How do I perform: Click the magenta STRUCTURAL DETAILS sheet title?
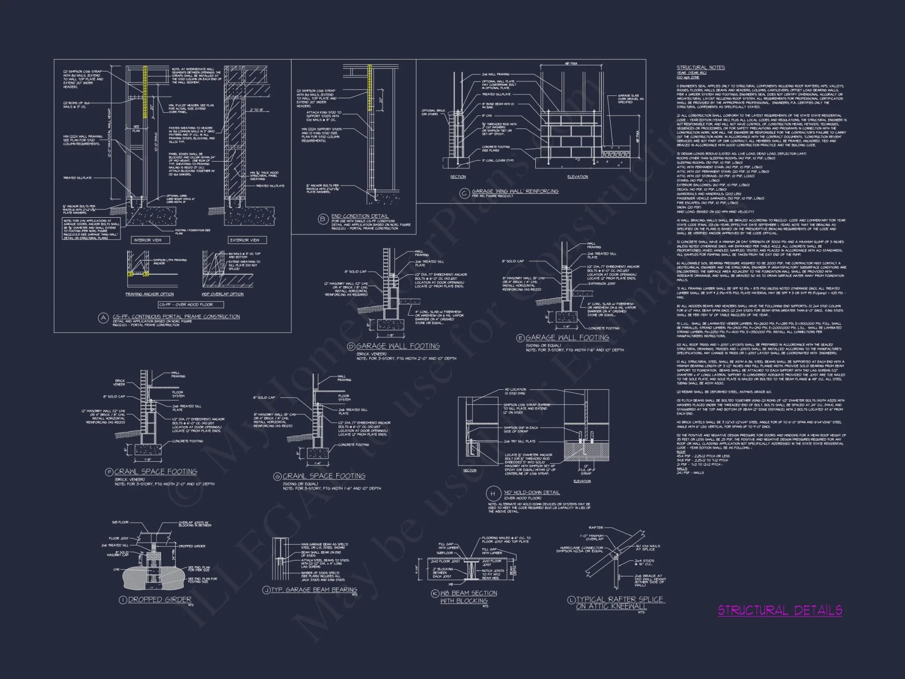click(780, 610)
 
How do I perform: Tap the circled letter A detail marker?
click(104, 318)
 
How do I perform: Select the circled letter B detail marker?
click(323, 220)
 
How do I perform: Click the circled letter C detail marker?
click(464, 193)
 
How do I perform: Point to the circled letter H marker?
click(493, 493)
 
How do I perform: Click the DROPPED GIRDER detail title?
click(160, 599)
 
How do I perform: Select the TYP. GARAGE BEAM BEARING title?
click(314, 589)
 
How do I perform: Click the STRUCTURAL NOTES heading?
click(700, 67)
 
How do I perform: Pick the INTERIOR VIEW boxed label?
click(148, 240)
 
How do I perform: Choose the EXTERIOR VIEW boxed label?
click(245, 240)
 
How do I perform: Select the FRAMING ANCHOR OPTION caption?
click(149, 294)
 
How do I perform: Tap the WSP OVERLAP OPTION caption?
click(222, 294)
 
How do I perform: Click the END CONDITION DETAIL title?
click(360, 216)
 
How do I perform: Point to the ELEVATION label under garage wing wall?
click(578, 177)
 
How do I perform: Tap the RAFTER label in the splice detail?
click(596, 528)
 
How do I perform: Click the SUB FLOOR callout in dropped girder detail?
click(120, 522)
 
